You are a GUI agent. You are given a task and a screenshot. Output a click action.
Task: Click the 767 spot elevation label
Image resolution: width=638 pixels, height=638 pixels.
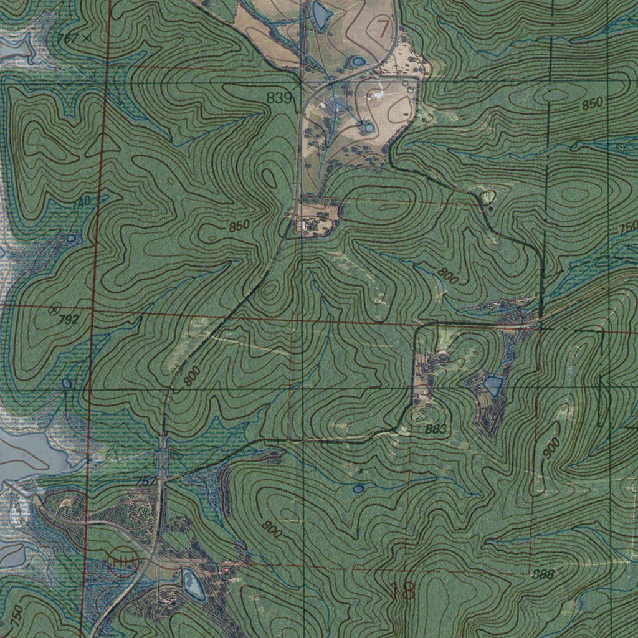(67, 39)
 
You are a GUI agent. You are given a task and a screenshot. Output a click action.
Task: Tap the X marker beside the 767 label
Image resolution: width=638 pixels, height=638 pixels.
(86, 38)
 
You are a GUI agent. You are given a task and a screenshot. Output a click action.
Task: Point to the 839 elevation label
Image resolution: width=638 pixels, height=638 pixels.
(279, 98)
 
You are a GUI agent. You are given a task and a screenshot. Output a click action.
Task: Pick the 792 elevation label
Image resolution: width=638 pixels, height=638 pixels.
(70, 320)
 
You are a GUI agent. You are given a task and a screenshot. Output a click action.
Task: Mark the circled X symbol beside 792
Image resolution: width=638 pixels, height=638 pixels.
(54, 309)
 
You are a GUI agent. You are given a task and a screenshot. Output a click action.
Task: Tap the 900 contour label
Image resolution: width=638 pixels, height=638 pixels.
(551, 447)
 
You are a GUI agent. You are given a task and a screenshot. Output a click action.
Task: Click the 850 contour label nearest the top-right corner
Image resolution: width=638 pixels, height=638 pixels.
(593, 105)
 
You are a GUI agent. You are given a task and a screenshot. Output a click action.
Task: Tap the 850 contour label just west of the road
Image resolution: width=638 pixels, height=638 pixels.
(239, 226)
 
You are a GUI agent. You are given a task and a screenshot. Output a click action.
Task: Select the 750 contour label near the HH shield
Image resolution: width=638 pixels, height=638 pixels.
(17, 616)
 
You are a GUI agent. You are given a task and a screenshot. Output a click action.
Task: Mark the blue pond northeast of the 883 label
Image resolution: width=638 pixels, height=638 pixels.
(493, 386)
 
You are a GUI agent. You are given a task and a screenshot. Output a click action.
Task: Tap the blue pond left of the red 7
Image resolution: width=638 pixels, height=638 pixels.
(321, 15)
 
